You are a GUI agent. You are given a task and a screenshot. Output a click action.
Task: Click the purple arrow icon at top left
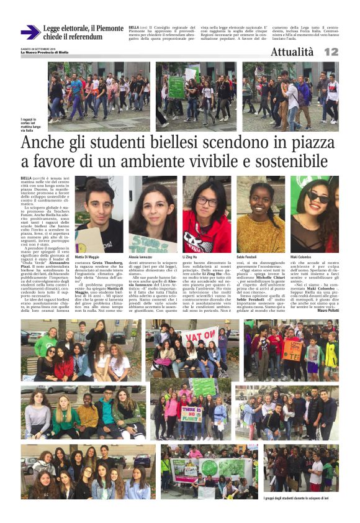click(x=30, y=32)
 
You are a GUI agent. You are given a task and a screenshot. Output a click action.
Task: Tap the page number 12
click(x=331, y=53)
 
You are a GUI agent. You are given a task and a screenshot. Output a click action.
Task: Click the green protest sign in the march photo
click(x=177, y=87)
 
